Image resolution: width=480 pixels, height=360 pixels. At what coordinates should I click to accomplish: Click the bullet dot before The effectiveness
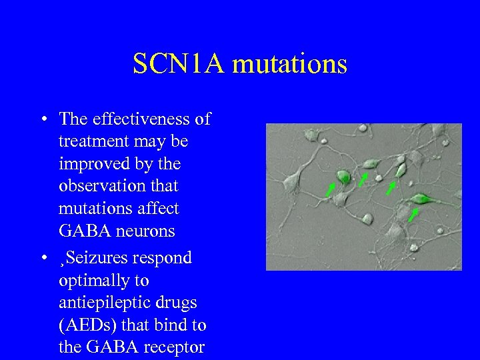point(43,120)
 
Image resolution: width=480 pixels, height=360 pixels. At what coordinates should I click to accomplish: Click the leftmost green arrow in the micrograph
point(330,190)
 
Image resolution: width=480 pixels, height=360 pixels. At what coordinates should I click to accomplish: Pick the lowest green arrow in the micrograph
point(413,215)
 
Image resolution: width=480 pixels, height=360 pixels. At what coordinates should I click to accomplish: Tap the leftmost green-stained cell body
point(343,176)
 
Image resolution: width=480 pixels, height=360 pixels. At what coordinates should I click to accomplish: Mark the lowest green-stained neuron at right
point(421,198)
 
